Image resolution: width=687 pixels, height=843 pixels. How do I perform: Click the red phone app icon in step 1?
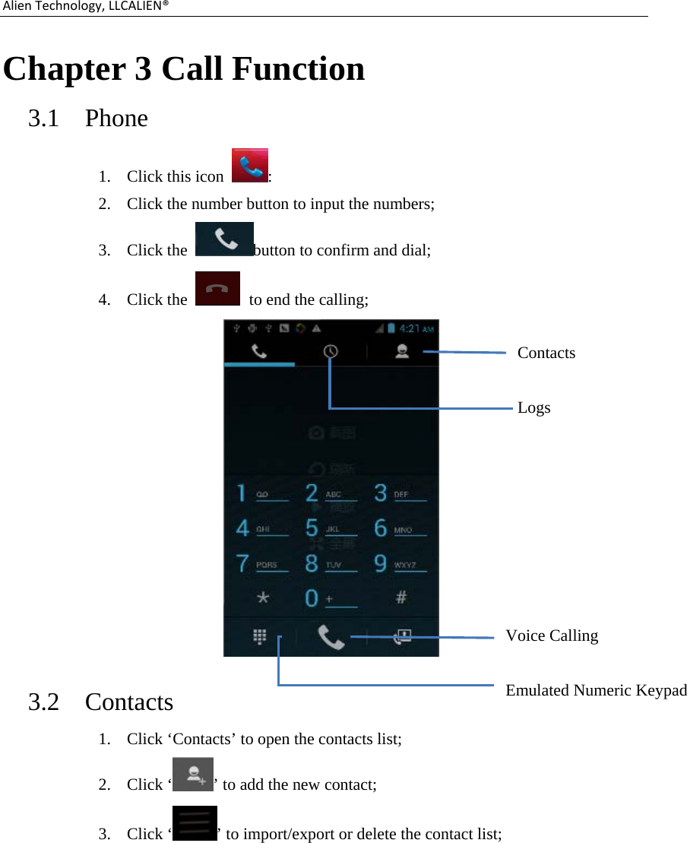coord(250,165)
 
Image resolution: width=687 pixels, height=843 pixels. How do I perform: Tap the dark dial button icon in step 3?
coord(224,239)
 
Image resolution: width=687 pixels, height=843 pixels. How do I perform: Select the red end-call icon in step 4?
coord(217,288)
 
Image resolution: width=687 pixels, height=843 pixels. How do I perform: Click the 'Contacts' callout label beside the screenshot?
coord(546,353)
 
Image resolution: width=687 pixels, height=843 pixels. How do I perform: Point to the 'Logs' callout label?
coord(533,407)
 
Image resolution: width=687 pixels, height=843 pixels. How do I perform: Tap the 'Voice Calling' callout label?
coord(552,635)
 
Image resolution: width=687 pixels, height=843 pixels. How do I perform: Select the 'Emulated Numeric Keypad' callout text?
coord(596,690)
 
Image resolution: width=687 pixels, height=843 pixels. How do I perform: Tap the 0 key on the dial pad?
coord(312,597)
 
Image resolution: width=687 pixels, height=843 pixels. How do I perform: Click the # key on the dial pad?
coord(400,597)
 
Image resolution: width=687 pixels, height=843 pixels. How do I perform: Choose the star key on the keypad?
coord(263,597)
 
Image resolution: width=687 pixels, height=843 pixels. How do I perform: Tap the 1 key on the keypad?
coord(242,493)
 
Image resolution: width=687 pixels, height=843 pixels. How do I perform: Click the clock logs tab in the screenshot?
coord(331,351)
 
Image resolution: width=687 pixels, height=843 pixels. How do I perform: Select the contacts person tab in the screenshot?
coord(402,351)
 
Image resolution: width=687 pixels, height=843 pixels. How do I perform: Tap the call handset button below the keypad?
coord(331,637)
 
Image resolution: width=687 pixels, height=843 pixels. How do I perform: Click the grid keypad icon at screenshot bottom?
coord(259,637)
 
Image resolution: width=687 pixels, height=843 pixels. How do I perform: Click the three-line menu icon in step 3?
coord(195,823)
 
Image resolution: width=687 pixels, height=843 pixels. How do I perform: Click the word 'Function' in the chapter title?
coord(298,69)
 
